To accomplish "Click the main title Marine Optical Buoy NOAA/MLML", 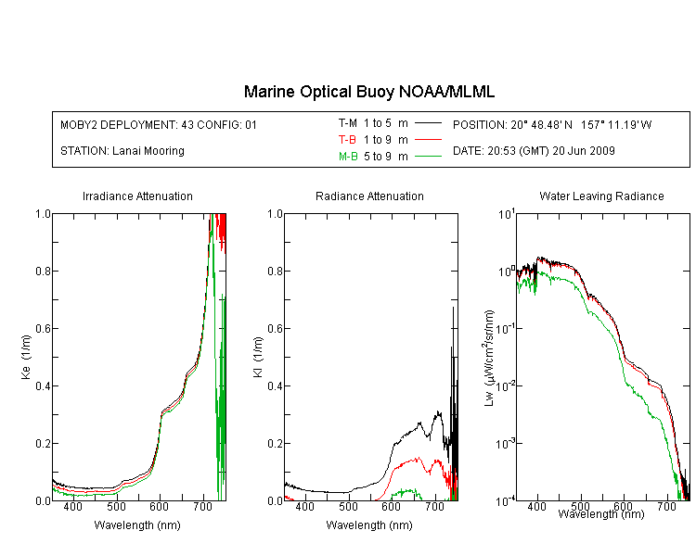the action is pyautogui.click(x=368, y=92).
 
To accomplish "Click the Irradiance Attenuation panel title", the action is pyautogui.click(x=137, y=196).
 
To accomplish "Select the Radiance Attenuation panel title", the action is pyautogui.click(x=369, y=196).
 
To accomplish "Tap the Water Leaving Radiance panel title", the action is pyautogui.click(x=601, y=196).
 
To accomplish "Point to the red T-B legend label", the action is pyautogui.click(x=347, y=140).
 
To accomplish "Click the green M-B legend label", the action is pyautogui.click(x=348, y=157).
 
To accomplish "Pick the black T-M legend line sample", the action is pyautogui.click(x=428, y=123).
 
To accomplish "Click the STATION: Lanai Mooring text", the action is pyautogui.click(x=122, y=151).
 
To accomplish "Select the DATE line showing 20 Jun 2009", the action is pyautogui.click(x=534, y=151).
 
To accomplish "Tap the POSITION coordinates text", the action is pyautogui.click(x=552, y=124).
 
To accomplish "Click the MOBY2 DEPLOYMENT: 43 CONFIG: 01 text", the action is pyautogui.click(x=159, y=124).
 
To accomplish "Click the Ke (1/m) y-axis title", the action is pyautogui.click(x=26, y=358).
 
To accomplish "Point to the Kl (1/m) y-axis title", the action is pyautogui.click(x=258, y=358).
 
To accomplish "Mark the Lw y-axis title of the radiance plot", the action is pyautogui.click(x=488, y=358).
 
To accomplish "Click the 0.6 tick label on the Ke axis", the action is pyautogui.click(x=43, y=329).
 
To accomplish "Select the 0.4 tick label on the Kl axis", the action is pyautogui.click(x=276, y=386).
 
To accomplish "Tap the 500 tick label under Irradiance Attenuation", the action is pyautogui.click(x=116, y=506).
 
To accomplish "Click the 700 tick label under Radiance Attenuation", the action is pyautogui.click(x=435, y=506).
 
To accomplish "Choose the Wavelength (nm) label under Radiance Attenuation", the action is pyautogui.click(x=369, y=525).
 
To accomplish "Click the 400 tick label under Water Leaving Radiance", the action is pyautogui.click(x=537, y=506).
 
